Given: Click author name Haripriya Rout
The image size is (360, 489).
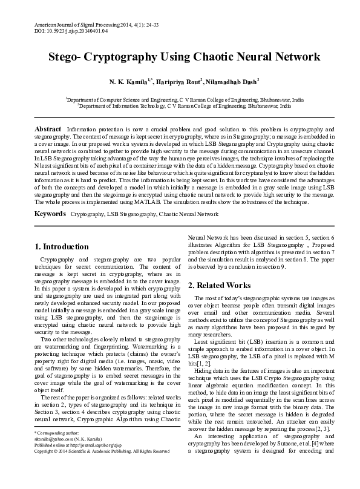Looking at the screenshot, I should (x=178, y=80).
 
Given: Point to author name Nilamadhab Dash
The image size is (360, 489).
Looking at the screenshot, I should (x=233, y=80).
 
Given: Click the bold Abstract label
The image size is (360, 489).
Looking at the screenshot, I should (x=48, y=130).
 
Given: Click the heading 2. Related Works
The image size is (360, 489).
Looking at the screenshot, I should (x=218, y=285).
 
